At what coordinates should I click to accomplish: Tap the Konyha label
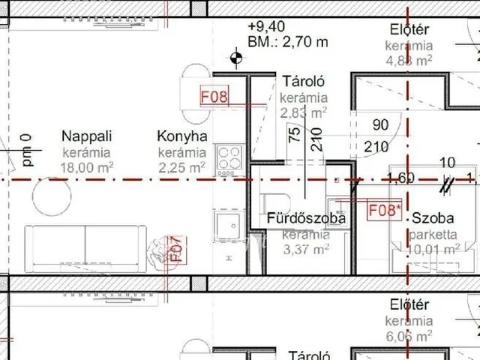[x=181, y=136]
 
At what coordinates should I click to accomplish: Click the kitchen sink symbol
[x=225, y=222]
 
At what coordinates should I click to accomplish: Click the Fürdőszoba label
[x=306, y=219]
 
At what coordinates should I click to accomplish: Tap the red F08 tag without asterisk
[x=213, y=97]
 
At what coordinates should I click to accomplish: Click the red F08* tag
[x=384, y=210]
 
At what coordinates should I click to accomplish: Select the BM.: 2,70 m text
[x=288, y=42]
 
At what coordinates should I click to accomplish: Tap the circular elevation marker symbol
[x=237, y=55]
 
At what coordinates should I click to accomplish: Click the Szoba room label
[x=433, y=219]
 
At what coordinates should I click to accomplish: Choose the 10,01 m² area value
[x=433, y=249]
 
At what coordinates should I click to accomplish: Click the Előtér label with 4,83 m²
[x=409, y=31]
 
